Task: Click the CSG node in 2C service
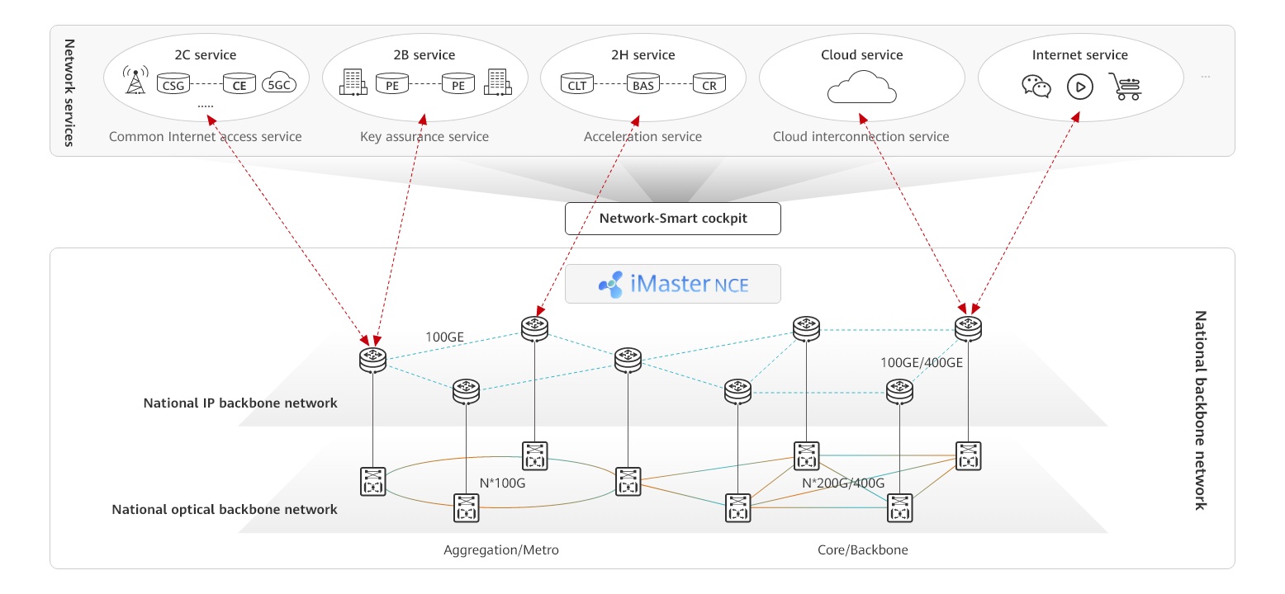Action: tap(173, 83)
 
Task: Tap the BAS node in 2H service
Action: tap(642, 83)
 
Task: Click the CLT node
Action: tap(576, 83)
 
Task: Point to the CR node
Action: tap(709, 83)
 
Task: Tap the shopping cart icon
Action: tap(1124, 86)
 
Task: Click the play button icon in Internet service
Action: tap(1079, 86)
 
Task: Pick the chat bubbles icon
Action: tap(1036, 86)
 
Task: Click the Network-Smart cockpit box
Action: tap(672, 219)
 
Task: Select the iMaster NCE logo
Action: tap(672, 285)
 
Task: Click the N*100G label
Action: tap(502, 483)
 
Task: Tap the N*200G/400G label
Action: tap(843, 483)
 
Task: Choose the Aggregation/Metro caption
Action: tap(500, 549)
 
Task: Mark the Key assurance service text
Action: tap(424, 137)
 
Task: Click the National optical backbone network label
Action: tap(225, 509)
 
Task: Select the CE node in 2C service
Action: tap(239, 83)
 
